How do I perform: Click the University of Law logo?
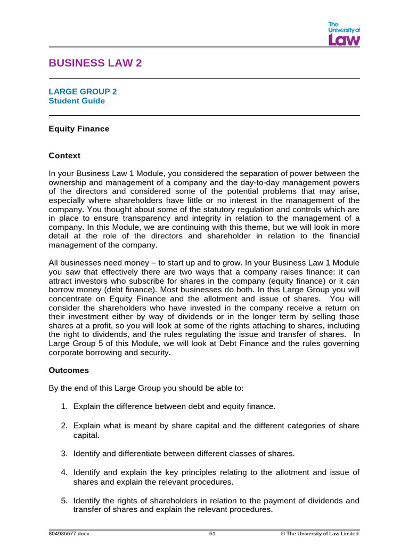click(343, 34)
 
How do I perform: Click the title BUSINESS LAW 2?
click(95, 63)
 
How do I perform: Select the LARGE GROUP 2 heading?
click(83, 91)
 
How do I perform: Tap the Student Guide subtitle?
click(77, 101)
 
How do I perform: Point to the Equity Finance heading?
click(79, 129)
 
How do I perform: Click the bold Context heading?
click(64, 156)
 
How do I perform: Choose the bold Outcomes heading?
click(69, 370)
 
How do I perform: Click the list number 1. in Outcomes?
click(63, 406)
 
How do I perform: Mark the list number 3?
click(63, 453)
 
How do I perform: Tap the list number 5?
click(63, 501)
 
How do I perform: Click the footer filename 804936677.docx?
click(69, 533)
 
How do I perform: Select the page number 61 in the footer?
click(212, 533)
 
